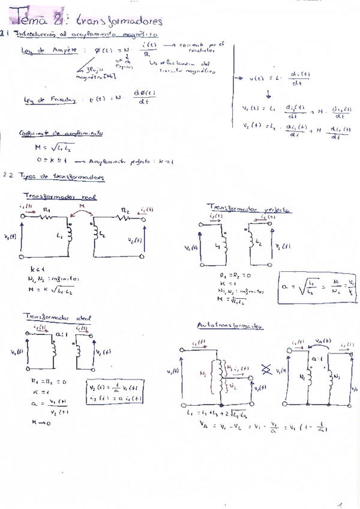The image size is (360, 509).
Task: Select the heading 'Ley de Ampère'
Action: (49, 52)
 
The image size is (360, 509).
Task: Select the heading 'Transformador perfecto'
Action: (248, 209)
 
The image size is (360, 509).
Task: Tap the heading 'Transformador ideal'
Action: (58, 317)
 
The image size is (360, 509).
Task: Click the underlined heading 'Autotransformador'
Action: (230, 325)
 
